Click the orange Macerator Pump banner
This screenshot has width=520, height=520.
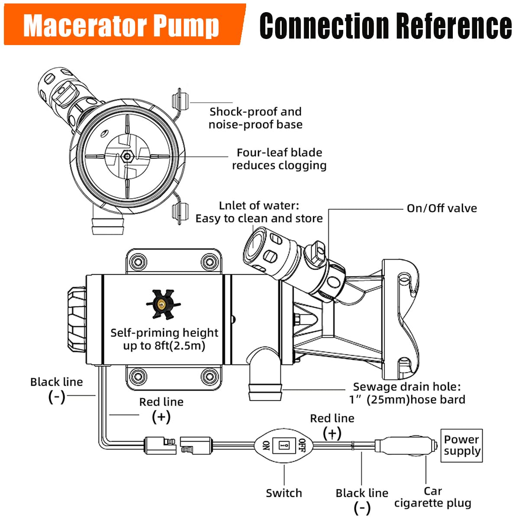point(123,25)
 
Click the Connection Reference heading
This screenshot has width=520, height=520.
point(385,26)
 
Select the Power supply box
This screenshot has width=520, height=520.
point(461,445)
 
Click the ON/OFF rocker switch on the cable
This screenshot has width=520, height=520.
point(284,445)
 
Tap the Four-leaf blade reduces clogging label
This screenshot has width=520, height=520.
point(279,159)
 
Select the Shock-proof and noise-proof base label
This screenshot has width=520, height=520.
point(255,118)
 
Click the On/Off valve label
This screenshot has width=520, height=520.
point(442,208)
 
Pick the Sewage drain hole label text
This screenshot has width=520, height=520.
point(407,393)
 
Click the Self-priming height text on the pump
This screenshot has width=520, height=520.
point(164,339)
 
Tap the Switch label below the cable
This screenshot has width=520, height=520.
point(284,493)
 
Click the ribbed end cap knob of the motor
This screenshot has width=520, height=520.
point(76,320)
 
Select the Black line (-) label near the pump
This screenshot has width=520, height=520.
point(56,389)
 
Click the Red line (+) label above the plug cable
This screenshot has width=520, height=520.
point(332,425)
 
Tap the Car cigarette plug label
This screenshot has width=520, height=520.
point(432,497)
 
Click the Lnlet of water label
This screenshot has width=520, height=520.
point(259,212)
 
